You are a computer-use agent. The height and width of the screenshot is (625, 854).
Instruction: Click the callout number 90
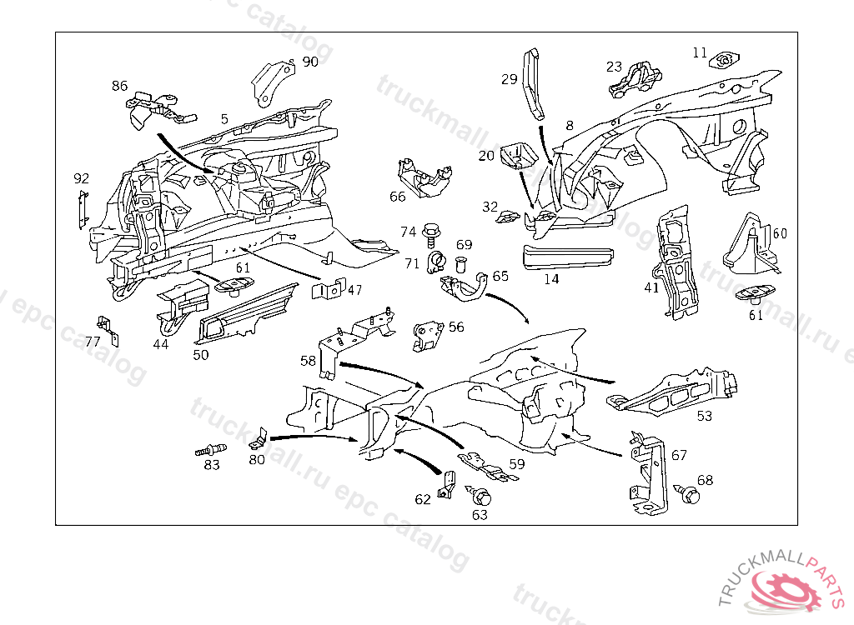tap(310, 62)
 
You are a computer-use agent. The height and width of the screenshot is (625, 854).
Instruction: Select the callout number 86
tap(120, 86)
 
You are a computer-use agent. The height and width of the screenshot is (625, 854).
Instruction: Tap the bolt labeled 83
tap(208, 450)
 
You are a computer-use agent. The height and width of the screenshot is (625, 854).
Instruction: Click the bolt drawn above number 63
tap(480, 497)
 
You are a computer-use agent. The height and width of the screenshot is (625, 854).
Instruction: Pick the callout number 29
tap(510, 80)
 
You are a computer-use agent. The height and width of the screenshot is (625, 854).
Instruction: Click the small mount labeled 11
tap(725, 60)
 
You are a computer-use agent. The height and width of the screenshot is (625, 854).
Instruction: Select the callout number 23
tap(615, 67)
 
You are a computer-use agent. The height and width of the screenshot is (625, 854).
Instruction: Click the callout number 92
tap(81, 178)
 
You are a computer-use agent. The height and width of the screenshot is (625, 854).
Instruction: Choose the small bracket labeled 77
tap(107, 328)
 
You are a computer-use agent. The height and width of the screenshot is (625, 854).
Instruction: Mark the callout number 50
tap(201, 354)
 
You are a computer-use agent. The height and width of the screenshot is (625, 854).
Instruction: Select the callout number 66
tap(398, 197)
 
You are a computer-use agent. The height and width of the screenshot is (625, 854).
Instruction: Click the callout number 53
tap(705, 416)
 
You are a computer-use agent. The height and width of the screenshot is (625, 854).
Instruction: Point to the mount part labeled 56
tap(428, 336)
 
